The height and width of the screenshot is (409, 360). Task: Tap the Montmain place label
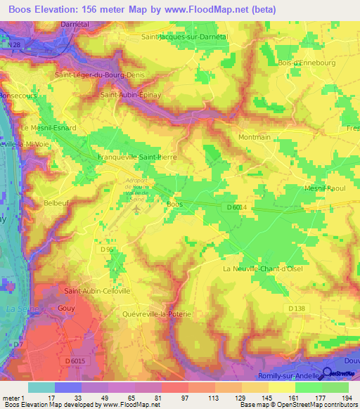click(255, 138)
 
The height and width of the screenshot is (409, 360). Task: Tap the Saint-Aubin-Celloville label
click(97, 291)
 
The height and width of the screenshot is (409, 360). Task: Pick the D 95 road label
click(107, 249)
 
